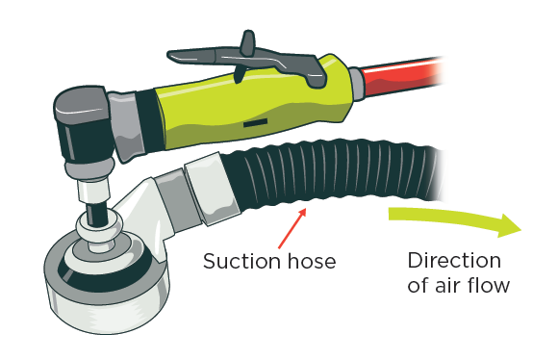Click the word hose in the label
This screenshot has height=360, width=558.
[x=307, y=261]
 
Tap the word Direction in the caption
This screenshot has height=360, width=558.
[x=454, y=261]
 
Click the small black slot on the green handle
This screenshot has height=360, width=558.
[x=254, y=123]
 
